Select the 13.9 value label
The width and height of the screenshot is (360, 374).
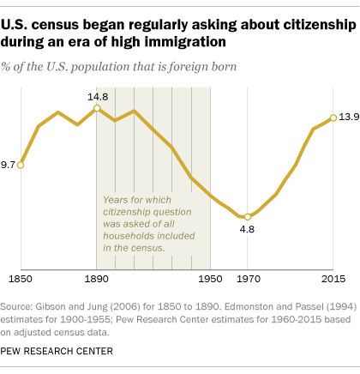(346, 118)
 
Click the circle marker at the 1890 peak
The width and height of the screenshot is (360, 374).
(96, 109)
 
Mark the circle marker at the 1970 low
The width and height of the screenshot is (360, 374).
(248, 217)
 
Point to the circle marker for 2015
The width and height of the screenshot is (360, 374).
(332, 118)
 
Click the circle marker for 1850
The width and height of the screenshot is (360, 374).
(21, 164)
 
